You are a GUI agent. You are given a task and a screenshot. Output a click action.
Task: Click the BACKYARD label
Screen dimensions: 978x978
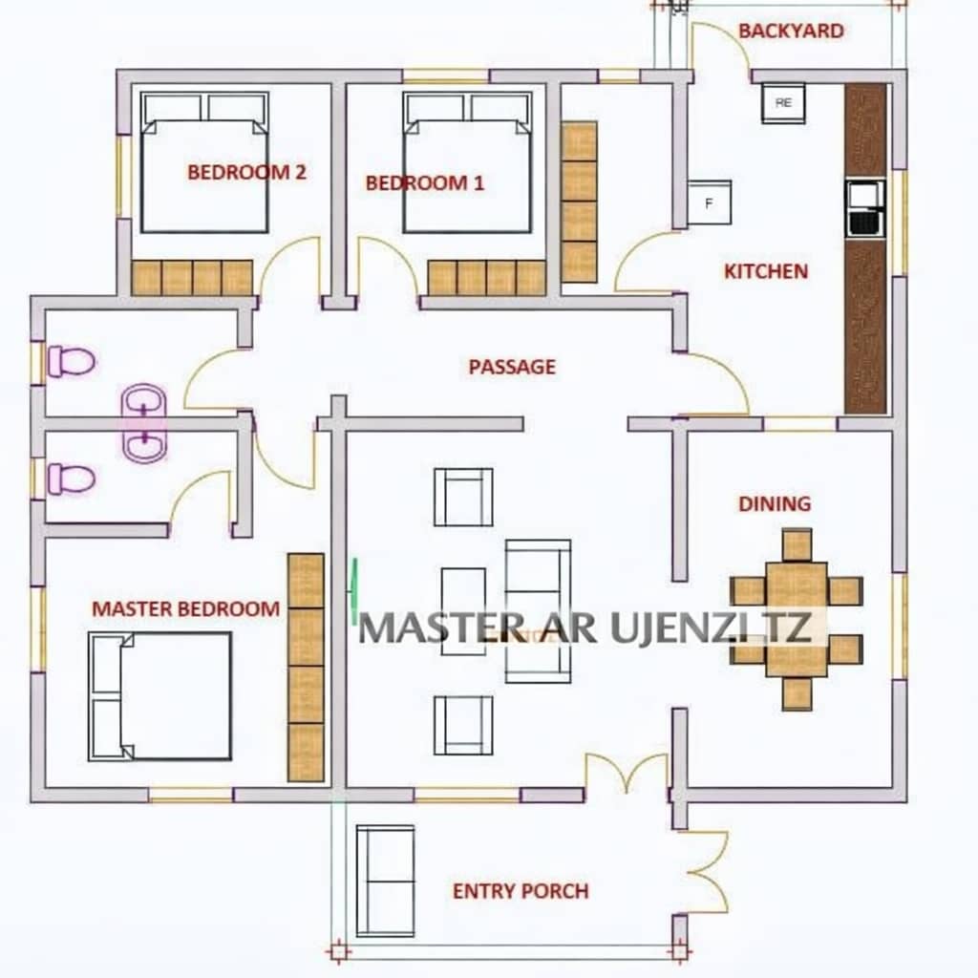(x=791, y=31)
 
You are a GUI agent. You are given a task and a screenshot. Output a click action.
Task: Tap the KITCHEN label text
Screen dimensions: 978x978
(x=766, y=271)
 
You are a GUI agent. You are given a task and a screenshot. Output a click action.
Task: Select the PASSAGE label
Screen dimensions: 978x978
(x=512, y=367)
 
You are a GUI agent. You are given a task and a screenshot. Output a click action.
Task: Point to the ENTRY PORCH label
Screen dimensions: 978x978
(x=521, y=891)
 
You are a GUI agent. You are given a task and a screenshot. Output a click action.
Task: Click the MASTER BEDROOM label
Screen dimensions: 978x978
(x=186, y=608)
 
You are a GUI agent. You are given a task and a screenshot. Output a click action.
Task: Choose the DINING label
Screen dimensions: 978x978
(x=775, y=504)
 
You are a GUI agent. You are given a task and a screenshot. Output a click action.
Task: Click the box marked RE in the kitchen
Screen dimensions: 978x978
(x=783, y=103)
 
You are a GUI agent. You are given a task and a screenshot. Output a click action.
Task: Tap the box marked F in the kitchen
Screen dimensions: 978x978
(x=710, y=202)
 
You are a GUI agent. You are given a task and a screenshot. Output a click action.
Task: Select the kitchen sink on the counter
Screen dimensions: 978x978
(x=865, y=209)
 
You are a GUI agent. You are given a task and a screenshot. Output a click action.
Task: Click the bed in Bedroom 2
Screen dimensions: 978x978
(x=204, y=162)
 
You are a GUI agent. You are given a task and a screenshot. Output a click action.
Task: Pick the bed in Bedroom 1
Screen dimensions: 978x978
(x=468, y=162)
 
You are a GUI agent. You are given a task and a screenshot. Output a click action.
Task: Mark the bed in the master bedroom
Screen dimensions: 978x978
(x=159, y=696)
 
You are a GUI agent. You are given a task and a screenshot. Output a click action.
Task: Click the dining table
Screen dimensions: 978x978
(x=797, y=619)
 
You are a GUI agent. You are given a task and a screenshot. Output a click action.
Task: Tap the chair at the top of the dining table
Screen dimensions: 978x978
(x=797, y=544)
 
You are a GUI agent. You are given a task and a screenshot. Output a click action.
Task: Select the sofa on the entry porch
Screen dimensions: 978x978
(x=385, y=881)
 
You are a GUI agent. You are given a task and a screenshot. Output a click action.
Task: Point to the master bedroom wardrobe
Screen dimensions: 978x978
(x=306, y=668)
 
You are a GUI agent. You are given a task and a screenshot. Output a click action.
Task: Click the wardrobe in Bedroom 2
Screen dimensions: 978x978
(x=192, y=278)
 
